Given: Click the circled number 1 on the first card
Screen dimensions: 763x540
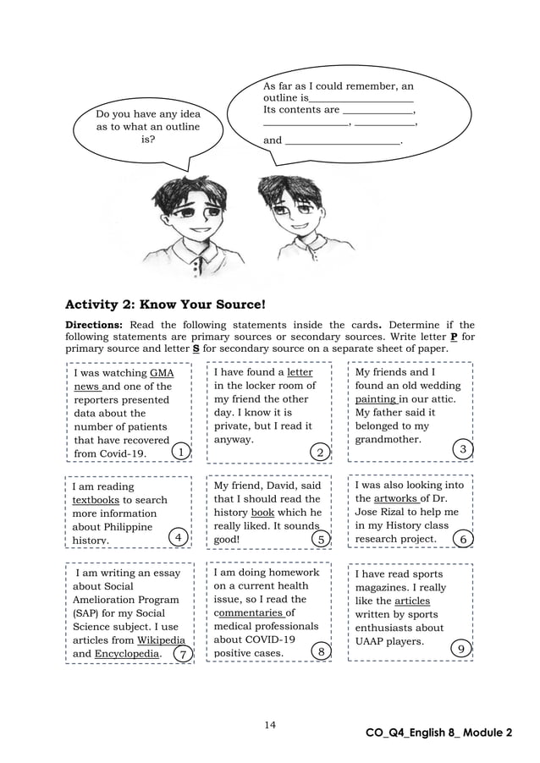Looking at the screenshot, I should click(x=180, y=453).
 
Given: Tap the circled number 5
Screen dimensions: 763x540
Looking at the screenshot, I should click(x=320, y=538).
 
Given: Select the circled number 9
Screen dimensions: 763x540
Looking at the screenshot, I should click(x=459, y=648).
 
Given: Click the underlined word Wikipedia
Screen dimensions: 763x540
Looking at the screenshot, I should click(x=162, y=640).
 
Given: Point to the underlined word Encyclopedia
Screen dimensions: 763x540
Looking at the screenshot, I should click(x=126, y=654).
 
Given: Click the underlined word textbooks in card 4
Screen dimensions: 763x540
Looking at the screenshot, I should click(x=96, y=500).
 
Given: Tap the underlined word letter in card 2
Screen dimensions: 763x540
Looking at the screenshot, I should click(x=300, y=372).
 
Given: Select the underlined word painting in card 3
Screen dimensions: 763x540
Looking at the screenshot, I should click(x=375, y=399).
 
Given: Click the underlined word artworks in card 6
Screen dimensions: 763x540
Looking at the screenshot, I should click(x=395, y=499).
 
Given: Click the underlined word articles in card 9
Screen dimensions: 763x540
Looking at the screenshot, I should click(x=412, y=601).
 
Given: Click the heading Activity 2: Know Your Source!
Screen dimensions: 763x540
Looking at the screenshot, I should click(x=166, y=303).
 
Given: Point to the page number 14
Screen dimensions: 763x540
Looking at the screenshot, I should click(x=269, y=724).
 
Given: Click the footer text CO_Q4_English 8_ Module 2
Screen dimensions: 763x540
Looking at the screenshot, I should click(x=438, y=733).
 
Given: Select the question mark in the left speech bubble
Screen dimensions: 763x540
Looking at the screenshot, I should click(x=153, y=140).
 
